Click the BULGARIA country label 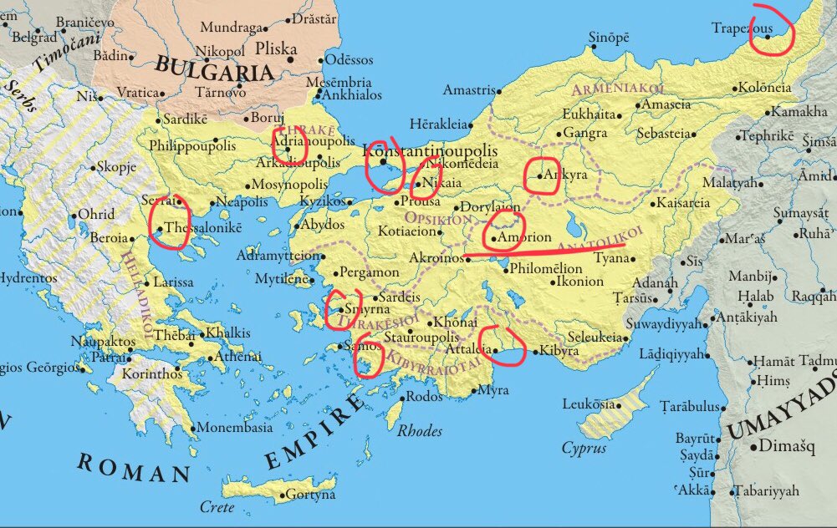pos(215,70)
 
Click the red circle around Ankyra pos(542,175)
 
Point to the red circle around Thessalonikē pos(168,221)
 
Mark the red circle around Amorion pos(504,231)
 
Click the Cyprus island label pos(584,449)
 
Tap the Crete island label pos(217,507)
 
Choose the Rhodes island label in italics pos(419,431)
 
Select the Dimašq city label pos(783,447)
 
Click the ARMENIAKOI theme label pos(617,89)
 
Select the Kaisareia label pos(684,202)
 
